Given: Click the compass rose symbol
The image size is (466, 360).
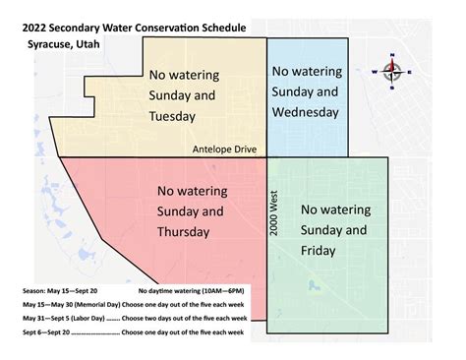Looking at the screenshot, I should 394,70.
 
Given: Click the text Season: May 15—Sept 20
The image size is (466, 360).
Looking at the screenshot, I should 58,292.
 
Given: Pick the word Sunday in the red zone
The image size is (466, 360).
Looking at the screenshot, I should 174,210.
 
